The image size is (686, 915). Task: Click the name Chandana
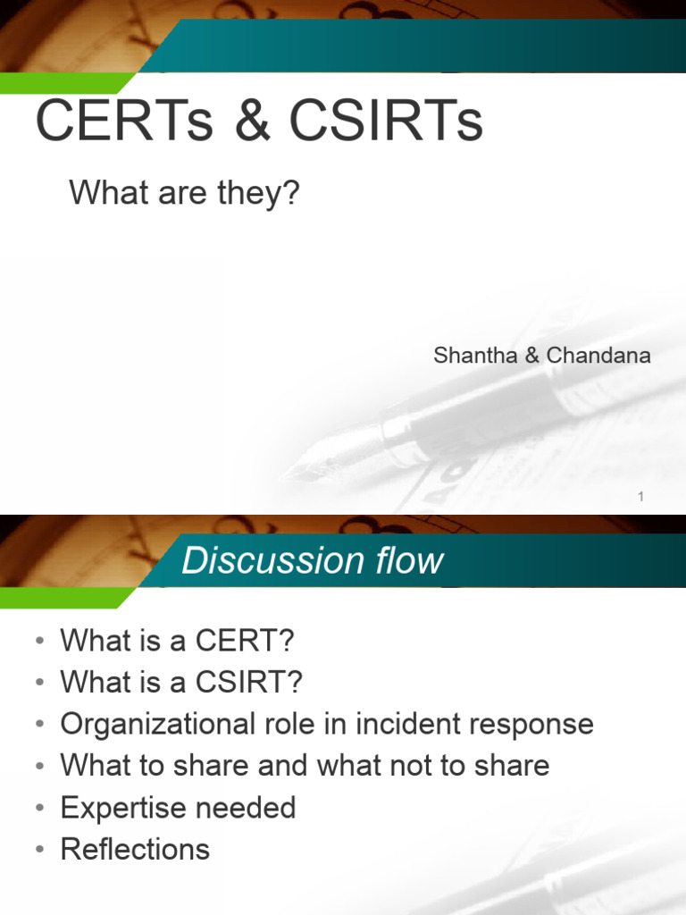(598, 355)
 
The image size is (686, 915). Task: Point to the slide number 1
(640, 497)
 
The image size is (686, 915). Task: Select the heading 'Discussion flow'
(312, 561)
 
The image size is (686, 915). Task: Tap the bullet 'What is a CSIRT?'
(181, 682)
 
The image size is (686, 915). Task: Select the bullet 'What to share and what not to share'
(305, 765)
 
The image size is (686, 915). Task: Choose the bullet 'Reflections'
(135, 849)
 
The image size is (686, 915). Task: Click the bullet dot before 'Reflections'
(39, 850)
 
